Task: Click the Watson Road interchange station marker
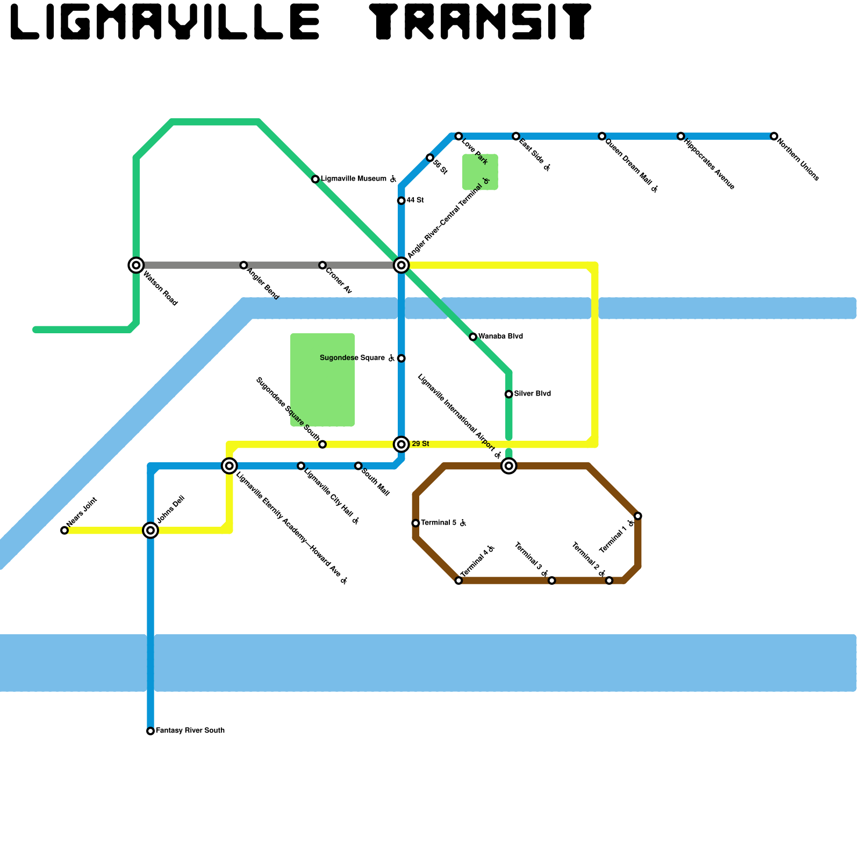click(x=136, y=265)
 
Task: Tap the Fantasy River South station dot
click(x=150, y=731)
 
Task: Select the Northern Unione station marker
click(x=773, y=137)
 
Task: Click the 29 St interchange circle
click(x=401, y=444)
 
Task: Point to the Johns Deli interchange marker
click(x=150, y=531)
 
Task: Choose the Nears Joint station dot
click(x=64, y=531)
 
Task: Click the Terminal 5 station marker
click(x=415, y=523)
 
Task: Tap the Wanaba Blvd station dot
click(x=473, y=337)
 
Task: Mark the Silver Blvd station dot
click(x=508, y=394)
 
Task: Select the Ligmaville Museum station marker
click(x=316, y=179)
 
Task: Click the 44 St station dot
click(x=401, y=201)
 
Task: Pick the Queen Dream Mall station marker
click(x=602, y=137)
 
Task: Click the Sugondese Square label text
click(x=352, y=358)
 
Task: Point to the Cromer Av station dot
click(x=322, y=266)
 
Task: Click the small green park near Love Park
click(x=480, y=172)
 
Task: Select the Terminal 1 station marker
click(x=637, y=516)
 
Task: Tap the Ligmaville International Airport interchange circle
click(x=508, y=465)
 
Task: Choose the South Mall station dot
click(x=358, y=465)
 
